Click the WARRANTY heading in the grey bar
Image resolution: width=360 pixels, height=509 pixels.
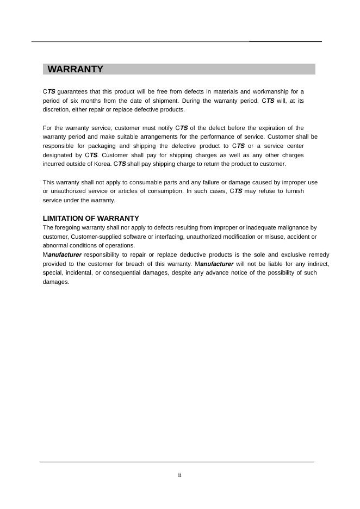pos(75,69)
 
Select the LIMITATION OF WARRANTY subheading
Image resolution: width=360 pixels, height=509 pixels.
pos(91,218)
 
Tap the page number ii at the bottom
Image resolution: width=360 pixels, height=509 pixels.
pos(179,475)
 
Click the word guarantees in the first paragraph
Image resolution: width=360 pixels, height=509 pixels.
pos(72,91)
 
